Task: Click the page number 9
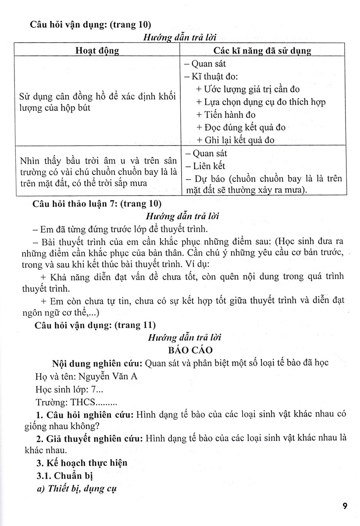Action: [345, 507]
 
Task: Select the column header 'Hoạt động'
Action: [98, 50]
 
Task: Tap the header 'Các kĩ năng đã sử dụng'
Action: [262, 50]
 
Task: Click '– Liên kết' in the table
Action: [205, 166]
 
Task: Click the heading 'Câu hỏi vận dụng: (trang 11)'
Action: [93, 325]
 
